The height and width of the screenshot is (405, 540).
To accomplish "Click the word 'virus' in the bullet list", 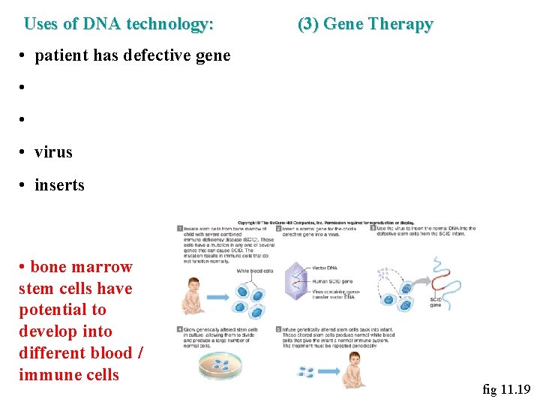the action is [x=53, y=152].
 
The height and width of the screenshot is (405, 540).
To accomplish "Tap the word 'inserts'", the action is [x=59, y=185].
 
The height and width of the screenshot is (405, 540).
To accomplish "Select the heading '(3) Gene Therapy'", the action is [x=365, y=24].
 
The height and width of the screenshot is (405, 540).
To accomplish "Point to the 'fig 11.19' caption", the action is [x=506, y=389].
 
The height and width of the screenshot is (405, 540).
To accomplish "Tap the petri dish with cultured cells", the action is [x=223, y=365].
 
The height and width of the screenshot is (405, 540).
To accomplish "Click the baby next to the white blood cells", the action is [x=193, y=295].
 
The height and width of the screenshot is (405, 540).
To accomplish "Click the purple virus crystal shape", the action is [x=298, y=283].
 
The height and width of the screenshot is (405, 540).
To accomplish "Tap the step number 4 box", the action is [x=180, y=328].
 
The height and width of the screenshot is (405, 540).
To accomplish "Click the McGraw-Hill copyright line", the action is [x=326, y=222].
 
